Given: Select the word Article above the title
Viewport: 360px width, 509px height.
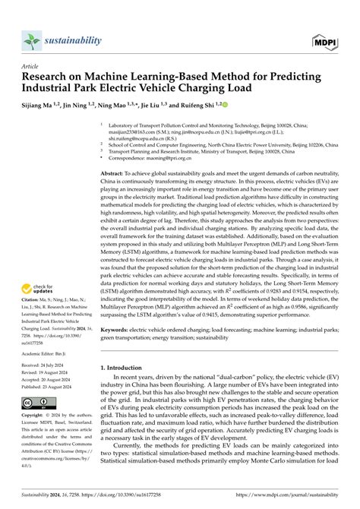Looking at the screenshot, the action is pyautogui.click(x=31, y=66).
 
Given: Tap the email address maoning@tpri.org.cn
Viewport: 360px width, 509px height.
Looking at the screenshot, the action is pyautogui.click(x=164, y=157).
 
